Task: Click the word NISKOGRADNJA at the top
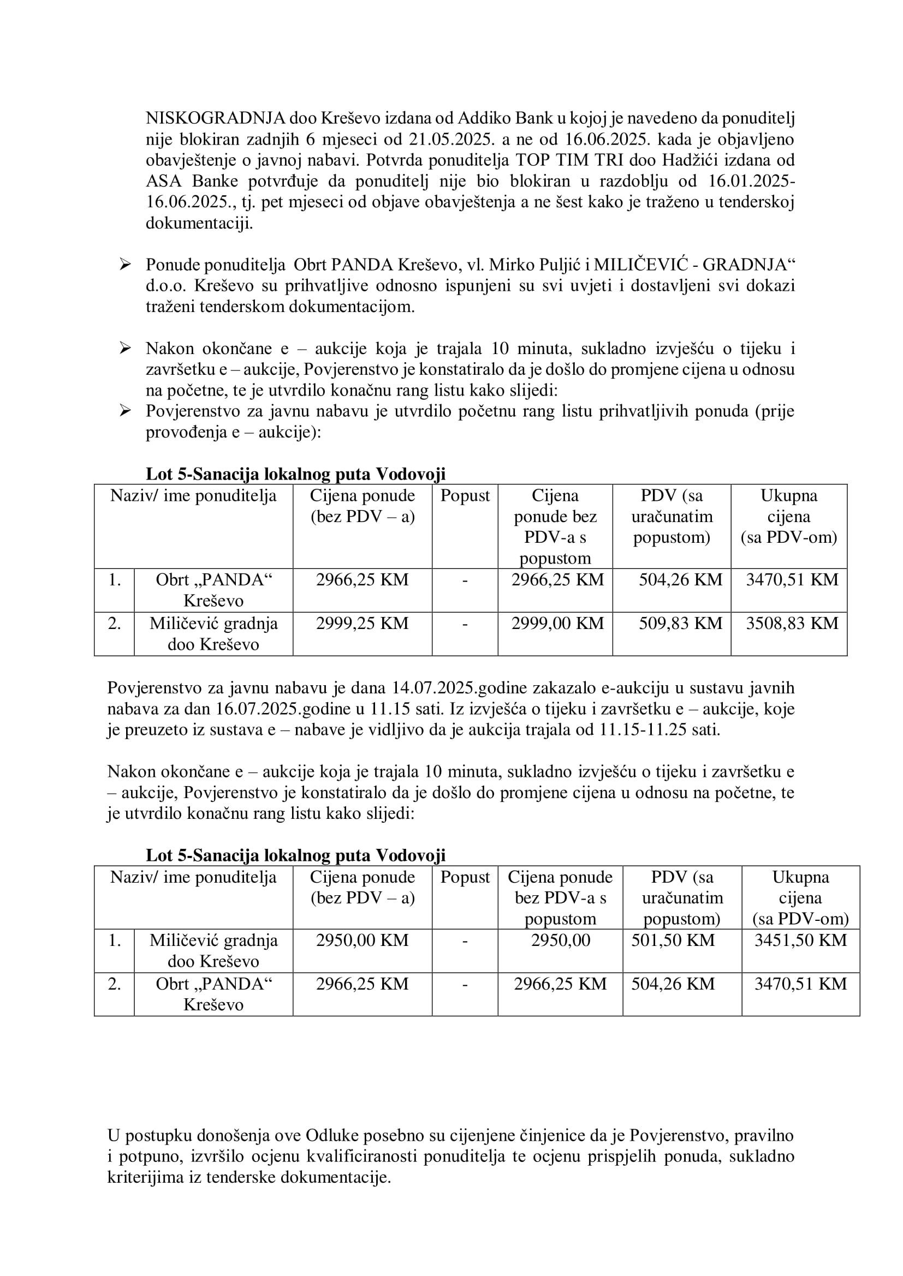[215, 118]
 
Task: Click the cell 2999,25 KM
[362, 623]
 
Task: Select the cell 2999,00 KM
[557, 623]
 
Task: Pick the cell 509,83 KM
[680, 623]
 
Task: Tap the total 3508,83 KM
[792, 623]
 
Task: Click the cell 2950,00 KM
[362, 940]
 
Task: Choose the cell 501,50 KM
[672, 940]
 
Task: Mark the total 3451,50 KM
[800, 940]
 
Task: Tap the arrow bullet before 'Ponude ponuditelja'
[125, 265]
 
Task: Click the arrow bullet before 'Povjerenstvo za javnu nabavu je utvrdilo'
[125, 411]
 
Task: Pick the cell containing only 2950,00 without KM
[560, 940]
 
